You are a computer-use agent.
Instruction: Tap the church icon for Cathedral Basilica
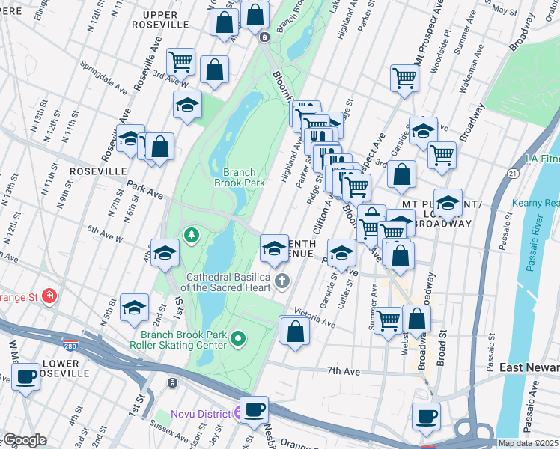pyautogui.click(x=282, y=281)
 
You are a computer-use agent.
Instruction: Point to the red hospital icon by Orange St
pyautogui.click(x=49, y=296)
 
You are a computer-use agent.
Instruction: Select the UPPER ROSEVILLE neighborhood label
pyautogui.click(x=156, y=19)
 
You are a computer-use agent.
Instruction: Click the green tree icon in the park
pyautogui.click(x=192, y=236)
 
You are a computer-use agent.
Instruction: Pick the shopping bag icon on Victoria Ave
pyautogui.click(x=295, y=330)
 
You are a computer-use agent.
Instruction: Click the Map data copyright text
pyautogui.click(x=528, y=443)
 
